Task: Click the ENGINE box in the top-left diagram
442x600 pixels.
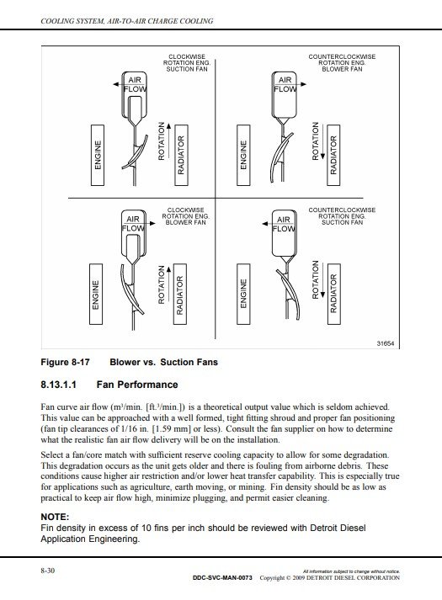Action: [x=98, y=155]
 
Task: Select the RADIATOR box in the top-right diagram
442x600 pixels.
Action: [x=333, y=155]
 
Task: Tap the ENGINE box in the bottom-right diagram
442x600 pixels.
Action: [x=243, y=294]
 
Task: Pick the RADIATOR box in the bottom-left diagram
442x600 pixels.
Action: [x=180, y=294]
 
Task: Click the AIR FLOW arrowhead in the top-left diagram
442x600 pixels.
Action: [x=115, y=84]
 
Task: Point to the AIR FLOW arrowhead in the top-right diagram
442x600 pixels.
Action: [x=303, y=84]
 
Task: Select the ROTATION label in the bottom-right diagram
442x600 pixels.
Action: [x=316, y=279]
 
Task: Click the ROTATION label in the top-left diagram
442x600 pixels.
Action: [x=161, y=141]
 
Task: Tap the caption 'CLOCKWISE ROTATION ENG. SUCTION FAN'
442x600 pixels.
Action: [x=187, y=63]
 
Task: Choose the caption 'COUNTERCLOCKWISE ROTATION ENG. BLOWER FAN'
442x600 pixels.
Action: [x=342, y=63]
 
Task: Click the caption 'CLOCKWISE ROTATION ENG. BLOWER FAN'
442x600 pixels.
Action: [x=185, y=216]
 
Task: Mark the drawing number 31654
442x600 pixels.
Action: [x=386, y=343]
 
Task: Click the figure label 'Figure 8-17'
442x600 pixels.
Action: [x=65, y=362]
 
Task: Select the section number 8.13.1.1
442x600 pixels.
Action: [x=59, y=385]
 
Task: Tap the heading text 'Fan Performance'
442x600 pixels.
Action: [x=137, y=385]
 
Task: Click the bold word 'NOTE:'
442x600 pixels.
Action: [x=55, y=517]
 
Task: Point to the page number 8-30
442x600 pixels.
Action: [x=48, y=571]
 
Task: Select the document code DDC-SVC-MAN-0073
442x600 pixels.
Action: [x=222, y=578]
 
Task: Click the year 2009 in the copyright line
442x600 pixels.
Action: [x=299, y=578]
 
